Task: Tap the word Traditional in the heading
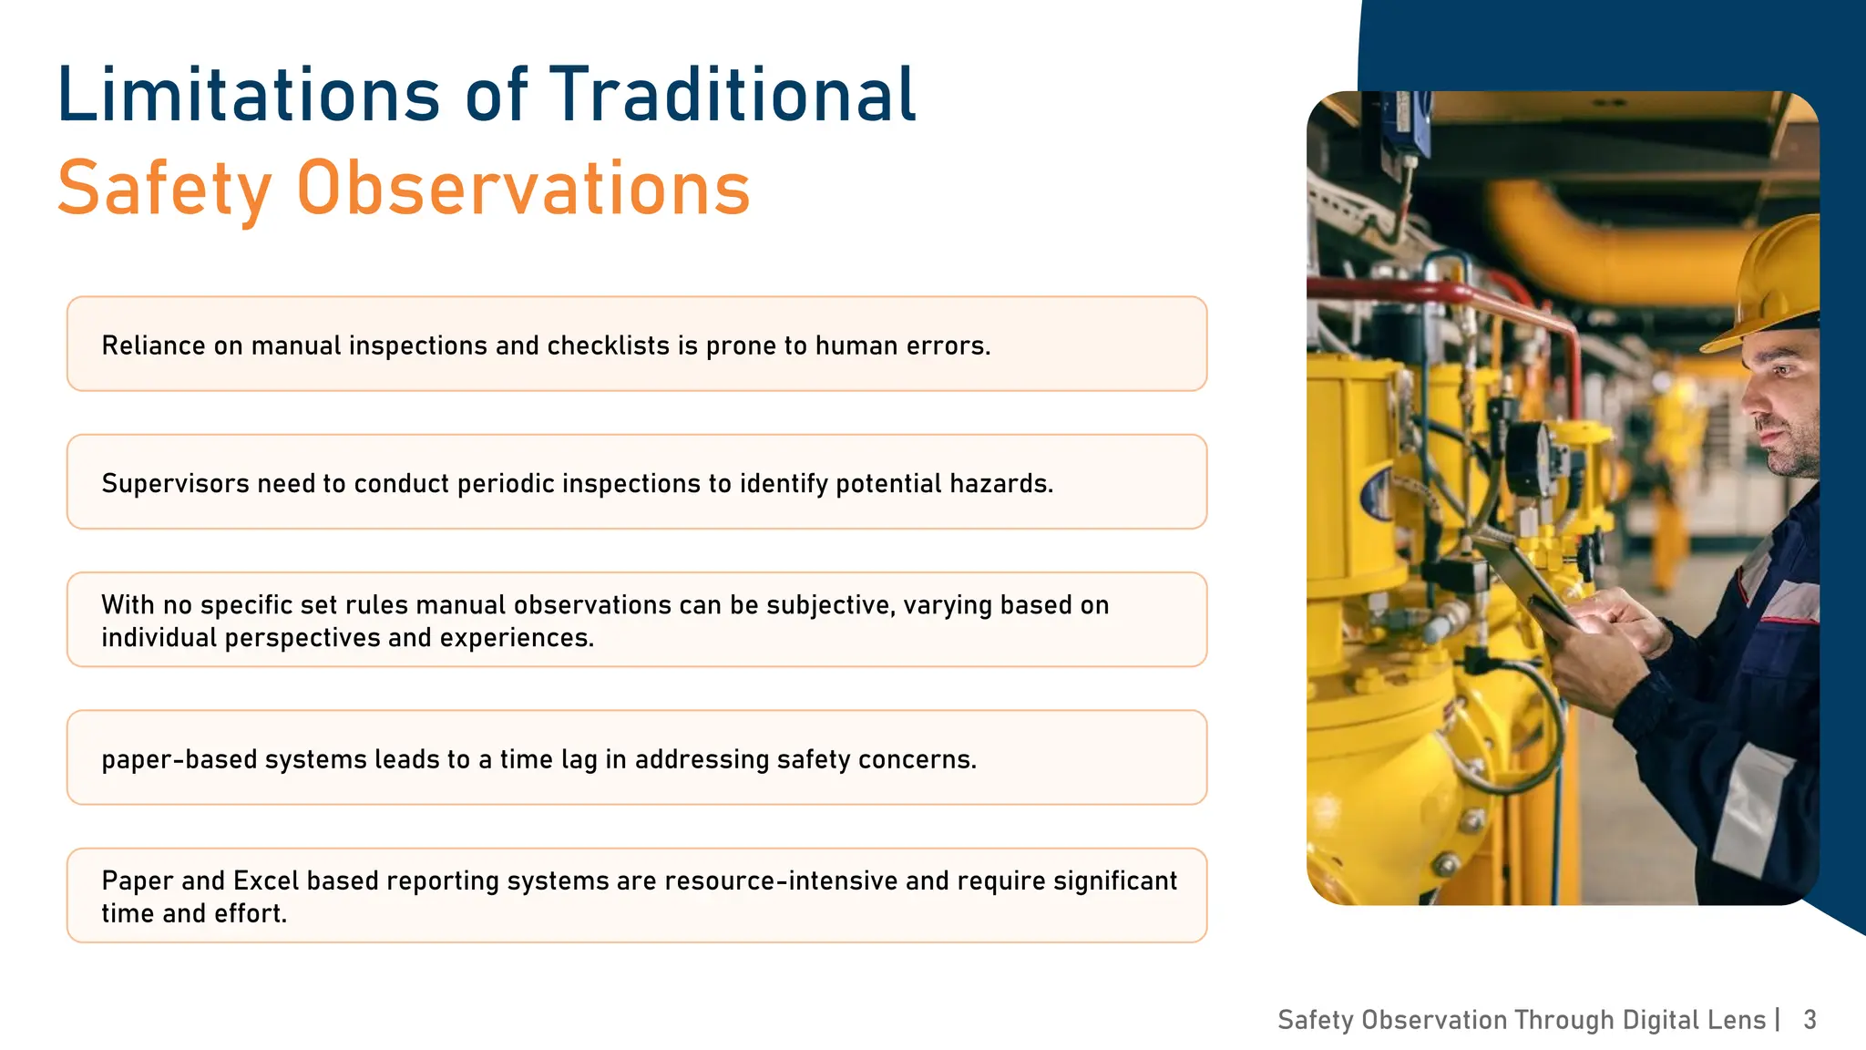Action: click(x=733, y=95)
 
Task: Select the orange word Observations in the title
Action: click(x=523, y=189)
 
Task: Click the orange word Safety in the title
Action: click(x=164, y=189)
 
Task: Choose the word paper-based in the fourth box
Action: click(x=179, y=759)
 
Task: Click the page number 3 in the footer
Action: click(x=1810, y=1019)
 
